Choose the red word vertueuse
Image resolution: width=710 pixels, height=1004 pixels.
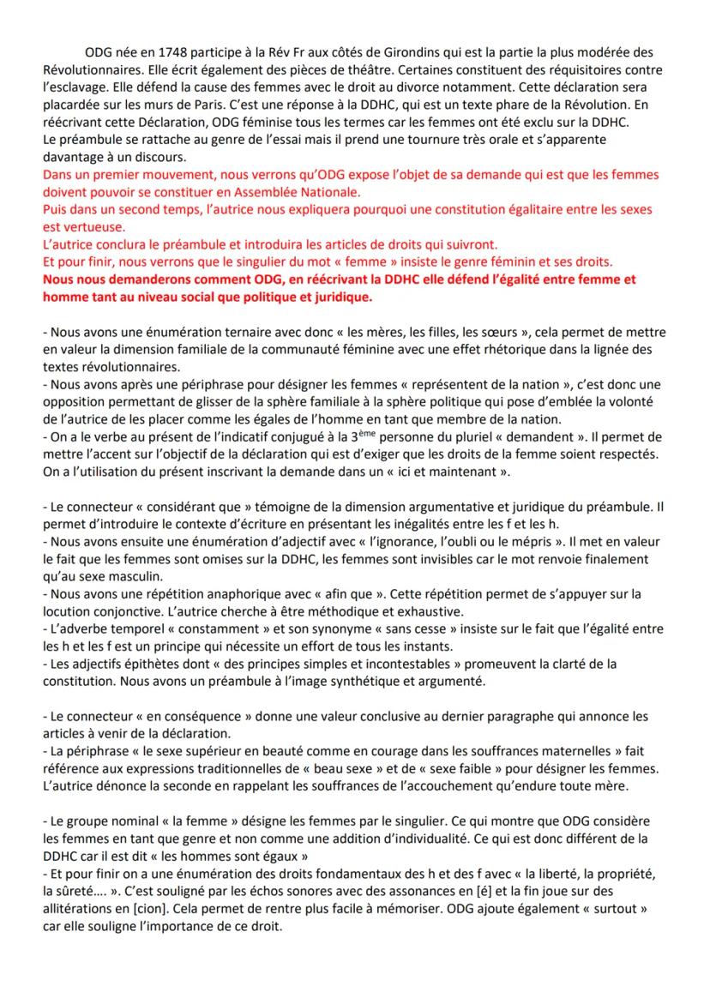[x=90, y=227]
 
